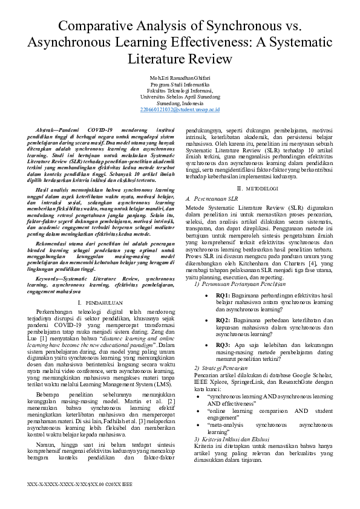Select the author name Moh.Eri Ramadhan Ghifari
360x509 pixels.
click(180, 79)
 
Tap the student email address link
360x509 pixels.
click(180, 109)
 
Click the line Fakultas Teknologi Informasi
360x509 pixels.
click(180, 91)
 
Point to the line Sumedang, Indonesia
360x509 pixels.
click(180, 103)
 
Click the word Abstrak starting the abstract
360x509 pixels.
click(51, 130)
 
